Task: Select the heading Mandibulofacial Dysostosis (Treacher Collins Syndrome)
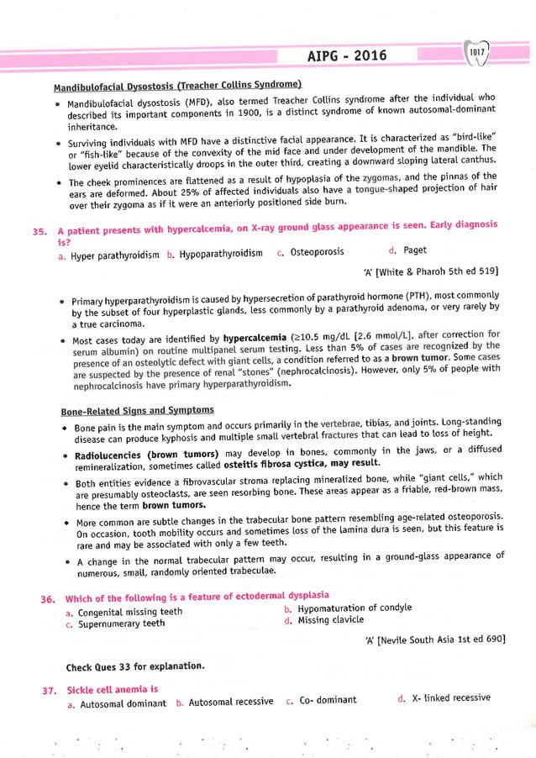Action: [178, 87]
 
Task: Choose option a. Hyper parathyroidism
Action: [115, 253]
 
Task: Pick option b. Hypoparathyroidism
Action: [215, 253]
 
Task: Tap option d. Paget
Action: [408, 252]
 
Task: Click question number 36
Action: [39, 598]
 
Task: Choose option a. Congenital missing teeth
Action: [123, 612]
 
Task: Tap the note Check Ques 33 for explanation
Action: [134, 667]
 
